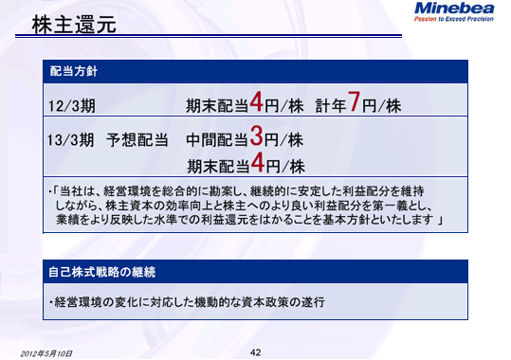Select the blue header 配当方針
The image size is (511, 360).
[74, 70]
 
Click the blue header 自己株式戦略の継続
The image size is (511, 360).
[103, 270]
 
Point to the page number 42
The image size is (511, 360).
[255, 351]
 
